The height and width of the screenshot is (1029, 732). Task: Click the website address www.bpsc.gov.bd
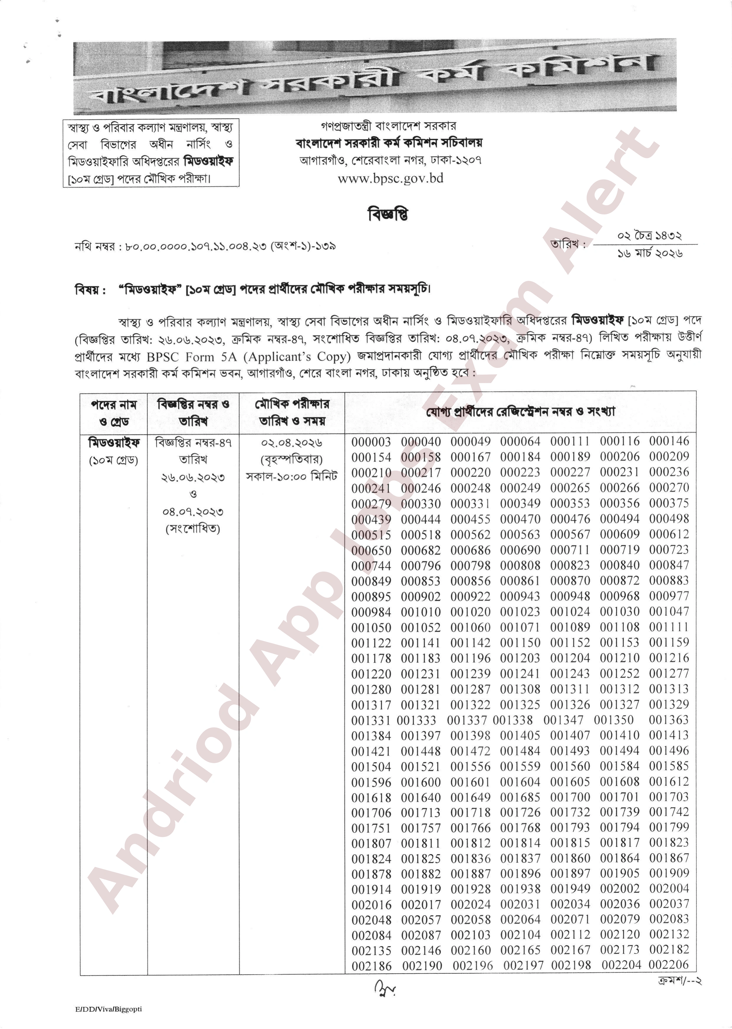(x=390, y=179)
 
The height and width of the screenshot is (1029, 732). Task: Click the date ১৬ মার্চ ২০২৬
(x=649, y=253)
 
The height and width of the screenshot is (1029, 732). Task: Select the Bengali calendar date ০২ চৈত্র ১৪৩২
(x=649, y=236)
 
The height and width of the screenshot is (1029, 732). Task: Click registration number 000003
(x=371, y=442)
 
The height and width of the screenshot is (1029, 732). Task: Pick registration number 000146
(x=669, y=442)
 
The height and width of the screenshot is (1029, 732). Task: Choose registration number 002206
(x=669, y=965)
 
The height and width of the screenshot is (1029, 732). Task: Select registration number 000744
(x=371, y=566)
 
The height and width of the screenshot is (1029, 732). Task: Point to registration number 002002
(x=619, y=889)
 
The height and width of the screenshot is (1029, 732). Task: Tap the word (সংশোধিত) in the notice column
(x=193, y=528)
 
